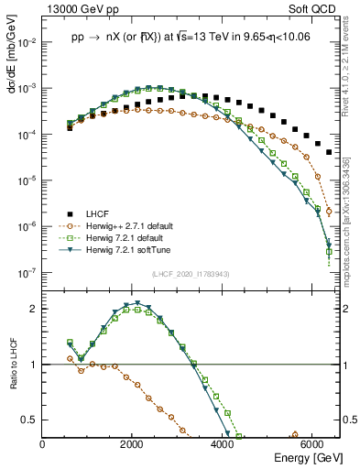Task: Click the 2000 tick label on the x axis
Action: coord(133,444)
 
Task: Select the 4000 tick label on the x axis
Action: coord(223,444)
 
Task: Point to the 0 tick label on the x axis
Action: coord(43,444)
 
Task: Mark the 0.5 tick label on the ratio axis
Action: coord(30,420)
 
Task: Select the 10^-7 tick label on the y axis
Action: coord(27,272)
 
